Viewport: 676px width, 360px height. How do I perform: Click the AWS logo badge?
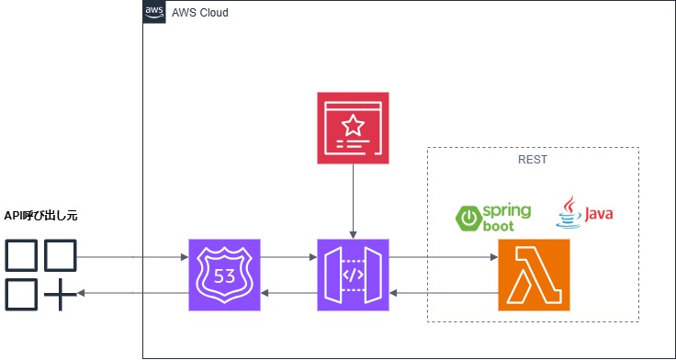pos(154,13)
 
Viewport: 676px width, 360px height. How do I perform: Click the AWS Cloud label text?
pos(200,14)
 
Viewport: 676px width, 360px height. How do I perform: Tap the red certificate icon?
pos(353,128)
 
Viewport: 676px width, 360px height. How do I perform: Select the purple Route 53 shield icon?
pos(224,275)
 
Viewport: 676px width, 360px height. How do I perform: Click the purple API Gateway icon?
pos(353,275)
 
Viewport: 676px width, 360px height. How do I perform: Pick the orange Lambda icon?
pos(534,275)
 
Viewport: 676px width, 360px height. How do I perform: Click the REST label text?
pos(533,159)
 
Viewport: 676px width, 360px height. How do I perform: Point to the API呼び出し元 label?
pos(41,215)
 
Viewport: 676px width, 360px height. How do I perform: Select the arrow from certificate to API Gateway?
pos(353,202)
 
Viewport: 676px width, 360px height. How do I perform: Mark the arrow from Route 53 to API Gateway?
pos(288,258)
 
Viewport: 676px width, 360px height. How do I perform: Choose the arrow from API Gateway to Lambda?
pos(444,258)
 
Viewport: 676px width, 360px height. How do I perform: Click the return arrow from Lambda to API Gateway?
pos(444,293)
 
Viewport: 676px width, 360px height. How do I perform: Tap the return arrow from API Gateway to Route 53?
pos(288,293)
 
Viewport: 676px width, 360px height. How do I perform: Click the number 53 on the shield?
pos(224,276)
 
